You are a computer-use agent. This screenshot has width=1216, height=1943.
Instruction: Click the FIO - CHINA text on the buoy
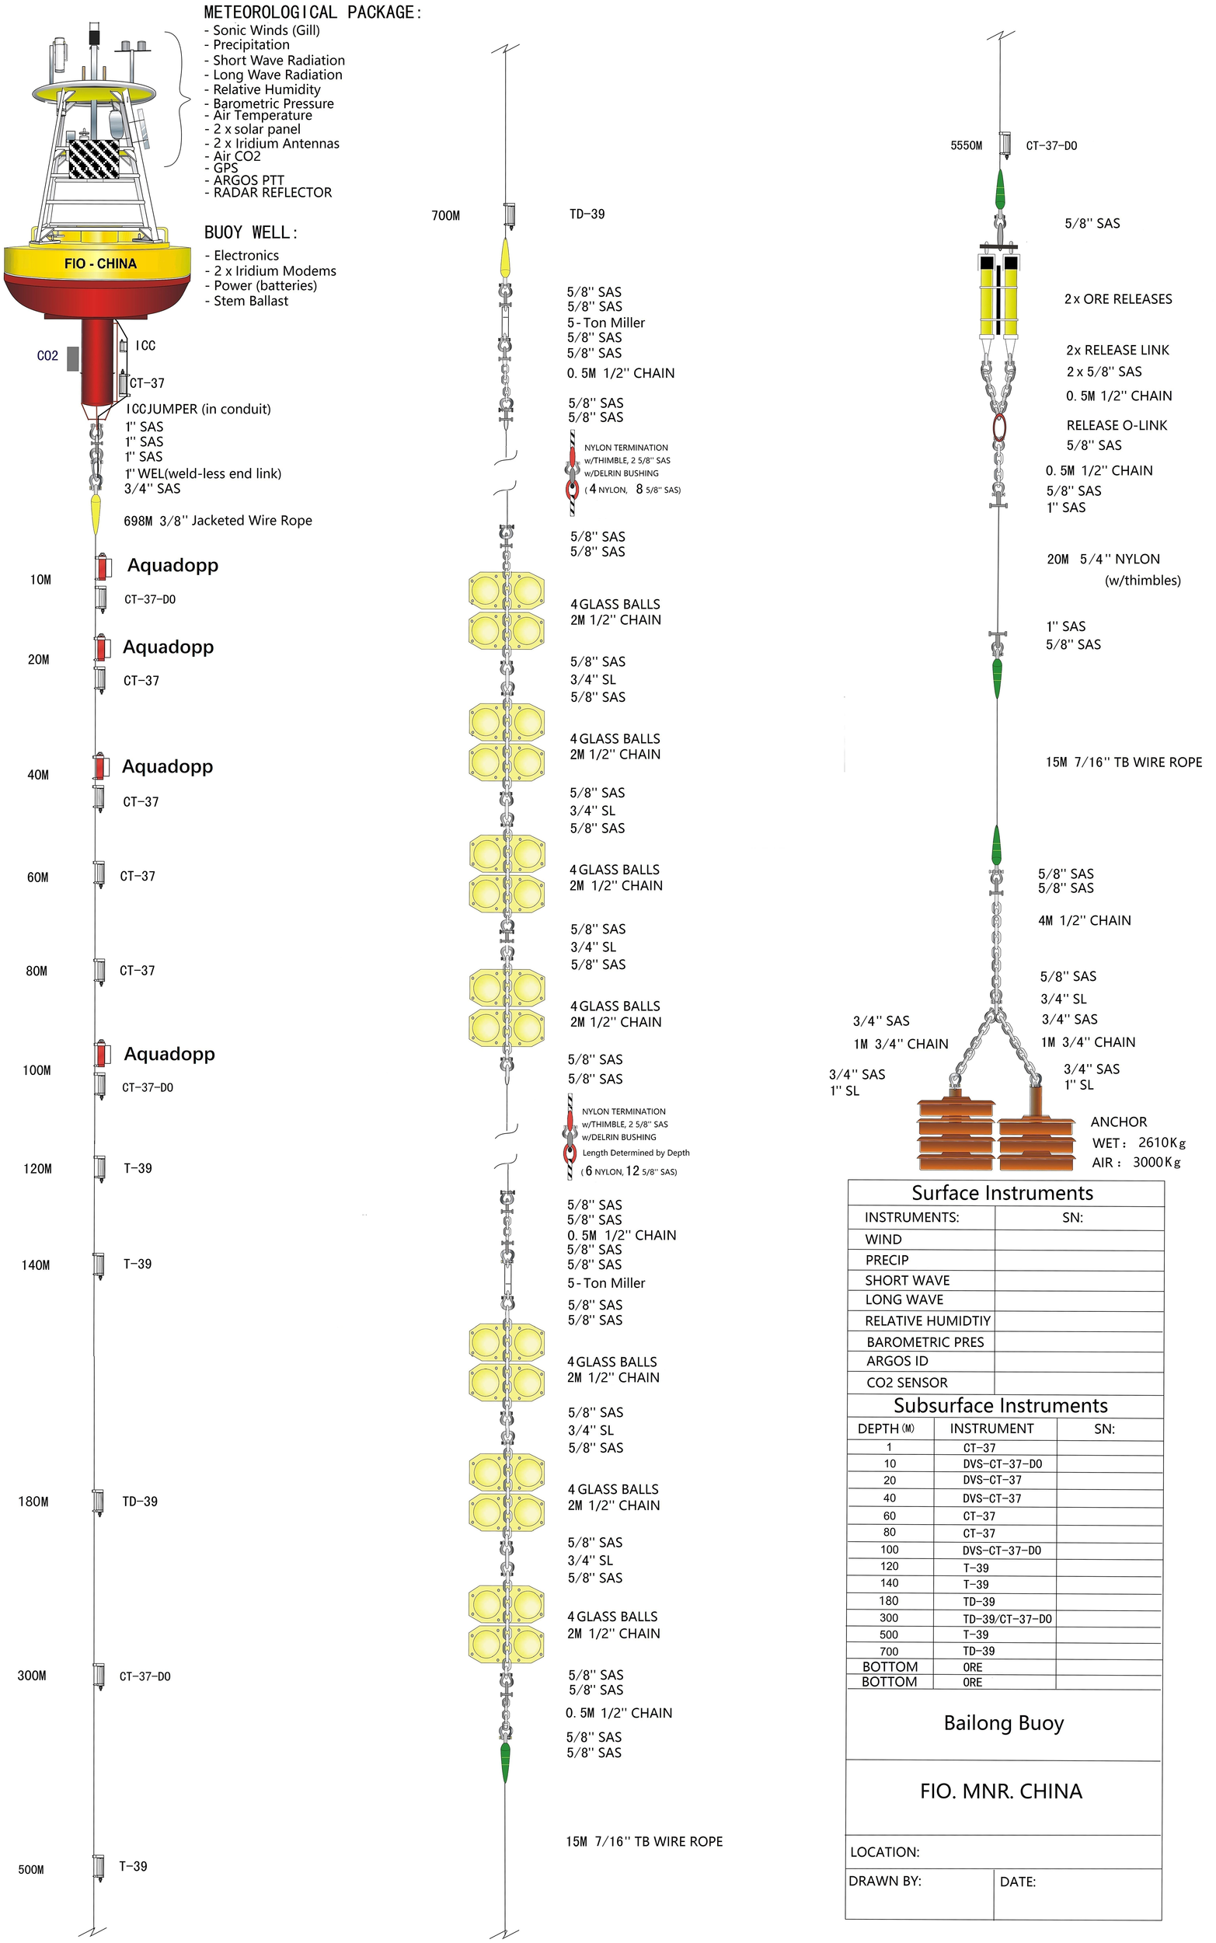point(100,263)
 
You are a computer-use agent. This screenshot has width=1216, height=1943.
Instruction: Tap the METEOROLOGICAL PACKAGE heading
point(312,12)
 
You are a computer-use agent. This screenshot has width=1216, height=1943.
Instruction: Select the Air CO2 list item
point(236,156)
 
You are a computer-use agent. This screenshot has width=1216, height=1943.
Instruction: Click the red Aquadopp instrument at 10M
point(102,568)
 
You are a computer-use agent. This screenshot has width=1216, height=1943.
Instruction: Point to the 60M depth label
point(38,877)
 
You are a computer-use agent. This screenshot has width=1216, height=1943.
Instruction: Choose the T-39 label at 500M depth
point(134,1866)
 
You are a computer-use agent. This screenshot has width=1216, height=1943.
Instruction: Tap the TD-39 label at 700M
point(587,214)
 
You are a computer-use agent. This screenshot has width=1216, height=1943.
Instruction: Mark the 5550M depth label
point(966,145)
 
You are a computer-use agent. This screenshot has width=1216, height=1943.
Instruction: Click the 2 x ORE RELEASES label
point(1118,299)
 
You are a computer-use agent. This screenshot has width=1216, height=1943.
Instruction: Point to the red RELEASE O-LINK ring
point(999,427)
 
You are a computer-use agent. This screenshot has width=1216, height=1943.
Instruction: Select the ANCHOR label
point(1119,1122)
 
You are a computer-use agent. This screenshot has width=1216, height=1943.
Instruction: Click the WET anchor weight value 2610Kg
point(1162,1142)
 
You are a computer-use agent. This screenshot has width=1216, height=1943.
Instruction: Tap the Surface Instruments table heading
point(1002,1194)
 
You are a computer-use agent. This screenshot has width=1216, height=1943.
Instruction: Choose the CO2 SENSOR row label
point(907,1383)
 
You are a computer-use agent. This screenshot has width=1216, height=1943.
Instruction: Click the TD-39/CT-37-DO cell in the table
point(1007,1619)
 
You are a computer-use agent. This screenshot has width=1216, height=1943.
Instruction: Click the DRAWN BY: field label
point(885,1881)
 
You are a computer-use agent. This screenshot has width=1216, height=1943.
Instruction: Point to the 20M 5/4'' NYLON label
point(1103,560)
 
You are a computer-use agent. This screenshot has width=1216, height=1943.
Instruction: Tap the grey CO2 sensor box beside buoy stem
point(72,359)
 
